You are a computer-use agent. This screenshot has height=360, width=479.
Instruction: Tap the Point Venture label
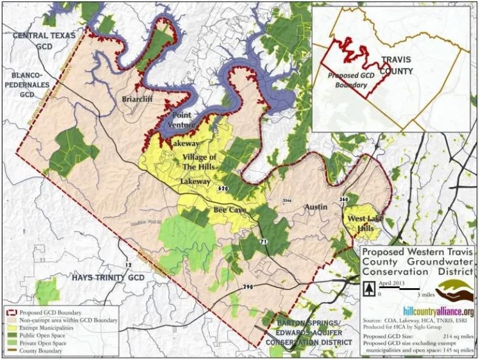tap(182, 119)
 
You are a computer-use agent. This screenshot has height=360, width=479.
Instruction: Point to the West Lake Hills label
tap(361, 223)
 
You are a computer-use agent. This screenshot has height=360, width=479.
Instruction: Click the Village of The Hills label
tap(203, 162)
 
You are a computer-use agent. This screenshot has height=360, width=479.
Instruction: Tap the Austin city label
tap(316, 207)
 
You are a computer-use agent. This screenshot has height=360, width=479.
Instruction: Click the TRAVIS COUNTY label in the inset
tap(397, 66)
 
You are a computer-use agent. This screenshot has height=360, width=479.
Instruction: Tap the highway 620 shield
tap(222, 189)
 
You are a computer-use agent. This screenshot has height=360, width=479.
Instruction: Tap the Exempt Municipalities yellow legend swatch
tap(12, 326)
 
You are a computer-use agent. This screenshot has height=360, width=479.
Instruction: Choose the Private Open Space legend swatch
tap(12, 342)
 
